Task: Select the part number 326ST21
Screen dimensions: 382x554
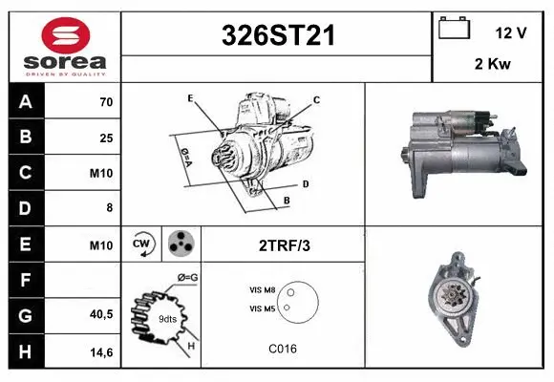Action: [x=278, y=35]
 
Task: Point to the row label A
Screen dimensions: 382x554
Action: [x=25, y=101]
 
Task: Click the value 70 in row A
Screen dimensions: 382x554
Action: [x=105, y=101]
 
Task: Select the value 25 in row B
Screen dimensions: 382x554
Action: [x=105, y=138]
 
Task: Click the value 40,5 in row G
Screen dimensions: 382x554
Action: [x=102, y=312]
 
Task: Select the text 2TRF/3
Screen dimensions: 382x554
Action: [x=285, y=245]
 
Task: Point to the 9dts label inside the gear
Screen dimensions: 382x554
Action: [x=167, y=318]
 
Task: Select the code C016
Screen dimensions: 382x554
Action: [x=282, y=348]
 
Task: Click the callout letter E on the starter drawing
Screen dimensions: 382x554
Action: [x=190, y=98]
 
